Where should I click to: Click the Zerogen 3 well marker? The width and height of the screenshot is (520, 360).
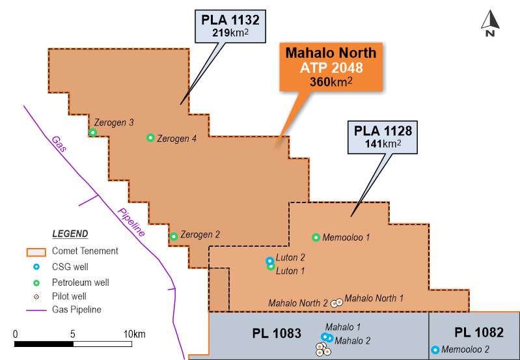click(93, 133)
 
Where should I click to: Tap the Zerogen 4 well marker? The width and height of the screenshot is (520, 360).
click(150, 137)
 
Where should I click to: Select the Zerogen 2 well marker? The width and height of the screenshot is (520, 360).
click(174, 236)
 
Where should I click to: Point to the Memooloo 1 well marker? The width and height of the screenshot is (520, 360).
click(316, 238)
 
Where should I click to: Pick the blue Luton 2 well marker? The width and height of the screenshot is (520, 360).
click(270, 261)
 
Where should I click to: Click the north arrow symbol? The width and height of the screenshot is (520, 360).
click(490, 23)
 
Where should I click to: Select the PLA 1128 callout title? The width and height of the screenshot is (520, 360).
click(383, 131)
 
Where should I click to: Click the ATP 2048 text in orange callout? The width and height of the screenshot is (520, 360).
click(328, 67)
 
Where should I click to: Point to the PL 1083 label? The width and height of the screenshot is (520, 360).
click(277, 333)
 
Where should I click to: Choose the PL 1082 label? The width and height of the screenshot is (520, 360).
click(479, 333)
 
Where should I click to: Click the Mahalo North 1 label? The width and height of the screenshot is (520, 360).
click(374, 298)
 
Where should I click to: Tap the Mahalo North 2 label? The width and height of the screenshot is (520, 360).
click(298, 303)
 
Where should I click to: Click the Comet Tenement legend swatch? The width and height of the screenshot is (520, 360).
click(35, 251)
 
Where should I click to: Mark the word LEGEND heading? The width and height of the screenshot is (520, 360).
click(70, 234)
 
